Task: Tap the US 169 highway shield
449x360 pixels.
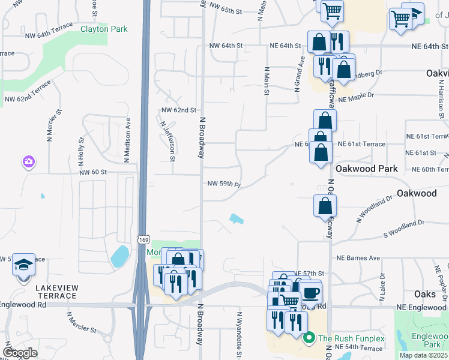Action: (x=143, y=239)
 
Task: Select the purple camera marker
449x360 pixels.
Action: (x=28, y=161)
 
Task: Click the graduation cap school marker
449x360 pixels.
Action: (x=23, y=265)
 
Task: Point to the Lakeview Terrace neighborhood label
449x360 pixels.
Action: (x=56, y=292)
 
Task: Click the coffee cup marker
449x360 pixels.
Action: (x=310, y=293)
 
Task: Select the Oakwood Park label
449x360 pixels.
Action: (x=366, y=169)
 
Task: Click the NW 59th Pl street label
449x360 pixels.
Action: (x=224, y=184)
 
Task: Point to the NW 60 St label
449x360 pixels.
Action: (x=92, y=172)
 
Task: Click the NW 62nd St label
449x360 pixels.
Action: (x=178, y=110)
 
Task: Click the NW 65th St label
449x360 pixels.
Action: (x=226, y=11)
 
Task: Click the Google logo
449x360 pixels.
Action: (x=20, y=353)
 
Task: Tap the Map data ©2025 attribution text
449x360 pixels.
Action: (x=423, y=355)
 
